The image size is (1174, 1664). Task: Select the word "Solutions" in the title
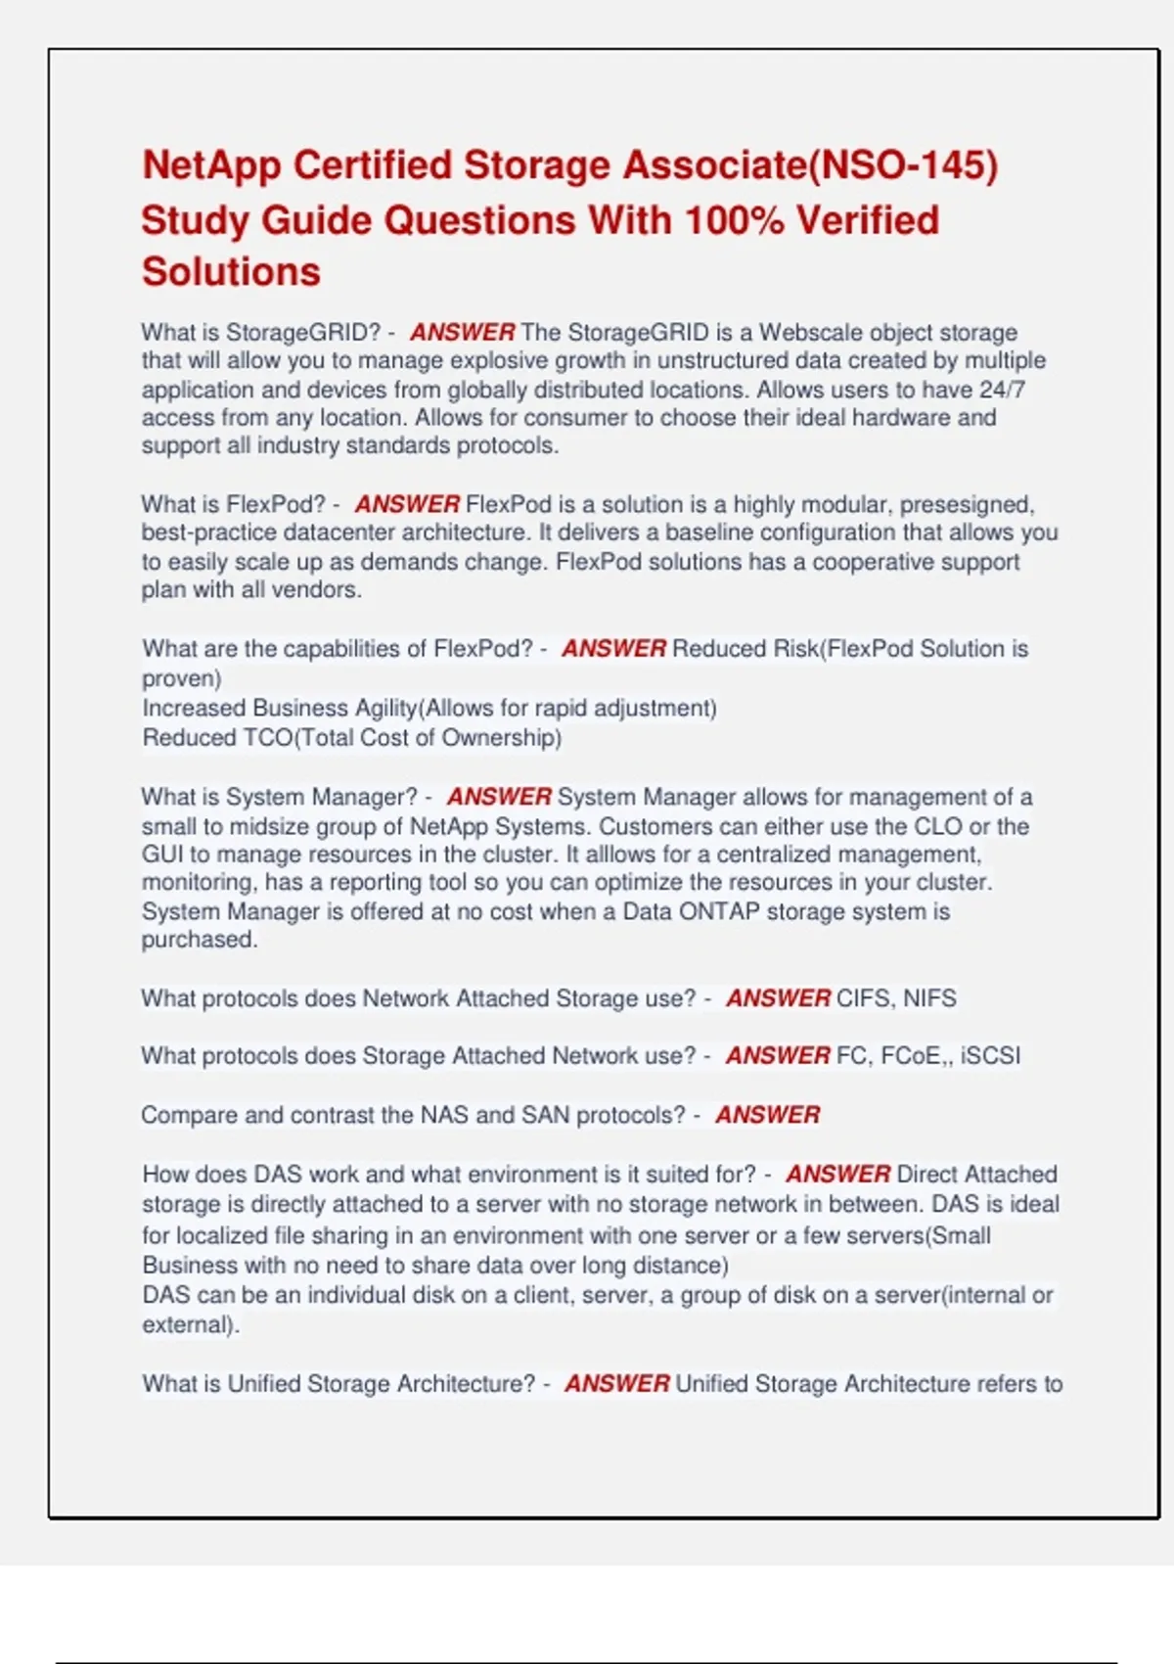click(231, 272)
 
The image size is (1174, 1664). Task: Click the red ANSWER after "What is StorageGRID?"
click(462, 333)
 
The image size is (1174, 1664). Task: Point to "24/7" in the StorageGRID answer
click(1002, 390)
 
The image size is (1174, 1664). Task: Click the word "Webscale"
click(811, 333)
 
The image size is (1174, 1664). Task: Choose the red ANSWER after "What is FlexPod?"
click(407, 504)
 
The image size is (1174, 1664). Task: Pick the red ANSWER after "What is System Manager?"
click(499, 797)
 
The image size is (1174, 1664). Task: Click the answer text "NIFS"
click(929, 998)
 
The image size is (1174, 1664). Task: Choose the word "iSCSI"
click(990, 1056)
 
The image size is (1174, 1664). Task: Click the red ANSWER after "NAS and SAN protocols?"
click(767, 1115)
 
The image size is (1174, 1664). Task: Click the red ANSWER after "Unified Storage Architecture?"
click(617, 1384)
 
